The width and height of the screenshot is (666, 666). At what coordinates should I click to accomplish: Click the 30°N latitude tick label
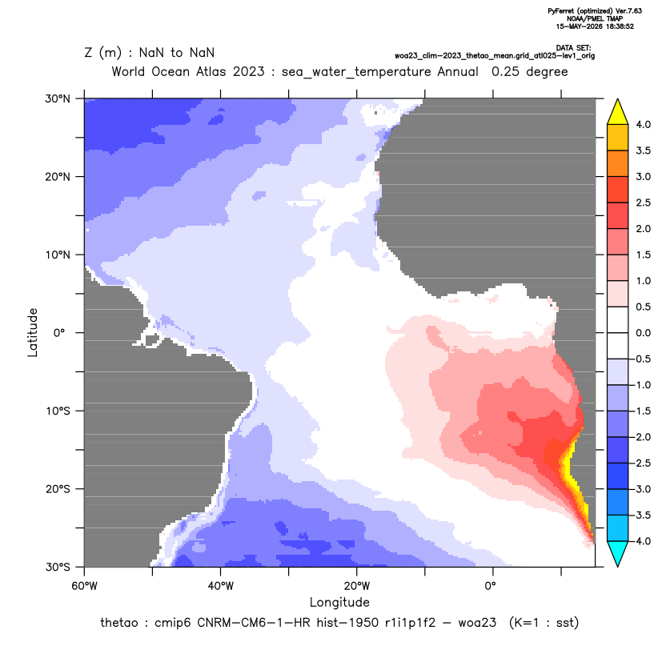coord(58,98)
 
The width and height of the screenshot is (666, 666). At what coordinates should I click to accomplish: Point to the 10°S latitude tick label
coord(58,411)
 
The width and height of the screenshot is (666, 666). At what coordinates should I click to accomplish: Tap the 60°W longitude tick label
coord(85,586)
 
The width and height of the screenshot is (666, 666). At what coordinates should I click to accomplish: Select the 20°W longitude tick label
coord(357,586)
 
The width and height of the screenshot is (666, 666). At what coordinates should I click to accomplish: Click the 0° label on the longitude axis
coord(491,586)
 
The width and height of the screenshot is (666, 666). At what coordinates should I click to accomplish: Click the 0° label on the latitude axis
coord(59,333)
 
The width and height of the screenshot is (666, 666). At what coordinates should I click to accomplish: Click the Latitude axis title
coord(33,332)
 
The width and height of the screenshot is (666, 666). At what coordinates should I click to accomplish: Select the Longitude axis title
coord(339,602)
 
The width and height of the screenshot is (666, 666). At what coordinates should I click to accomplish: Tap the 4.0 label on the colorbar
coord(643,124)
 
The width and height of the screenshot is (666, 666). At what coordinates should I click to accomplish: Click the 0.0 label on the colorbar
coord(643,333)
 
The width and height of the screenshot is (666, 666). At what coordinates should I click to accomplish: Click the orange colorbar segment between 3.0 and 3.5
coord(618,163)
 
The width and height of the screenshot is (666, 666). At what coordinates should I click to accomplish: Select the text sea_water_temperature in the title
coord(356,72)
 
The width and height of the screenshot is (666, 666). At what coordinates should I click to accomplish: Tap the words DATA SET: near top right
coord(573,48)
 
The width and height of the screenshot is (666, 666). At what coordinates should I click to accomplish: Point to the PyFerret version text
coord(595,11)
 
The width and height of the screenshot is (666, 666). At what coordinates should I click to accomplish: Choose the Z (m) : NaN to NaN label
coord(150,53)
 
